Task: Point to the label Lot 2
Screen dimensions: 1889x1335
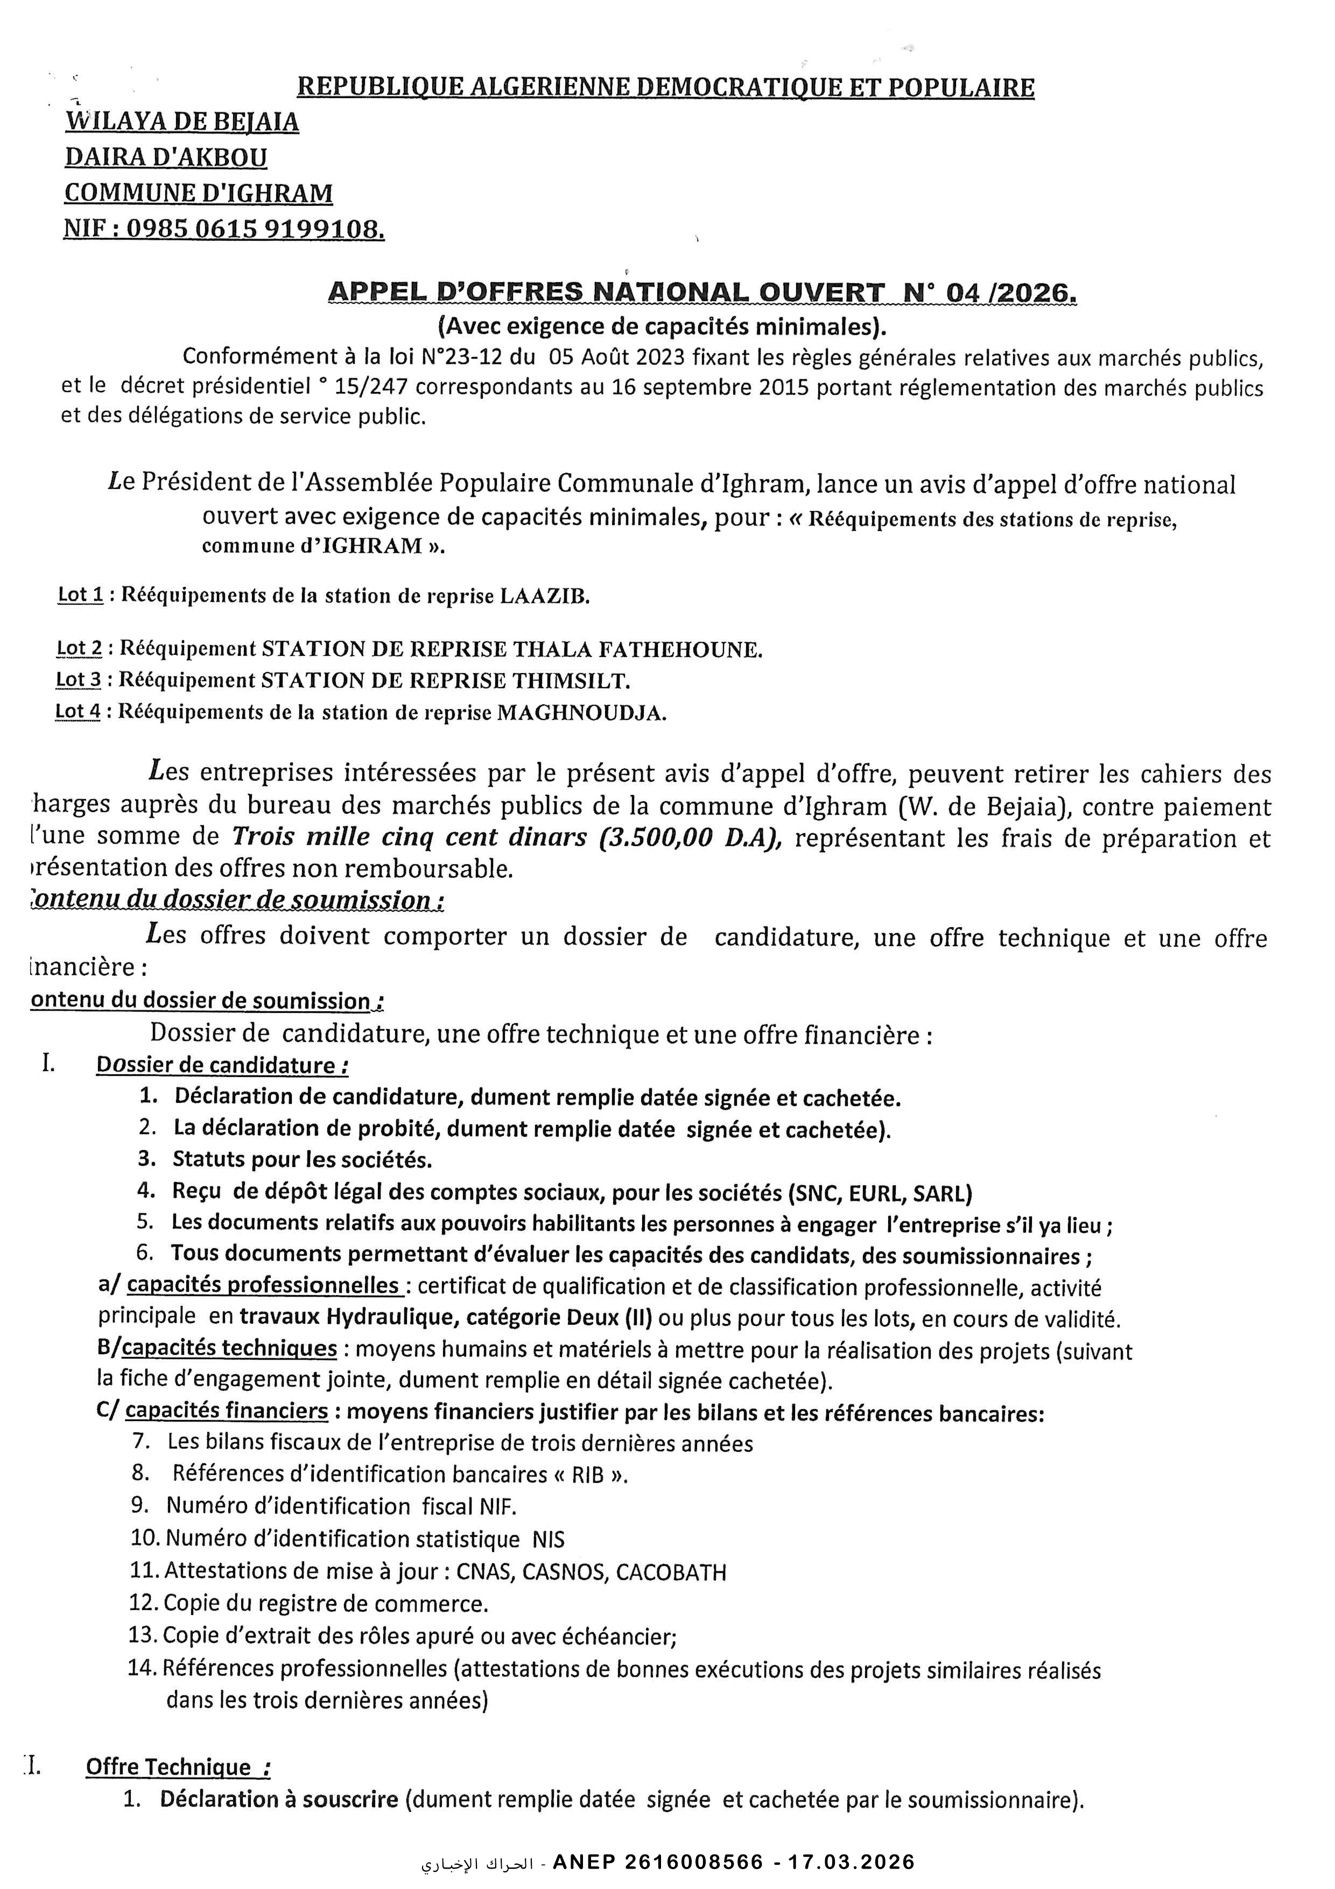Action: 79,648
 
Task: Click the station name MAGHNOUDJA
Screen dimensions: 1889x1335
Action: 581,712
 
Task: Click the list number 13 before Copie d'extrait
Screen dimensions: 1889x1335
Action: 143,1635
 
